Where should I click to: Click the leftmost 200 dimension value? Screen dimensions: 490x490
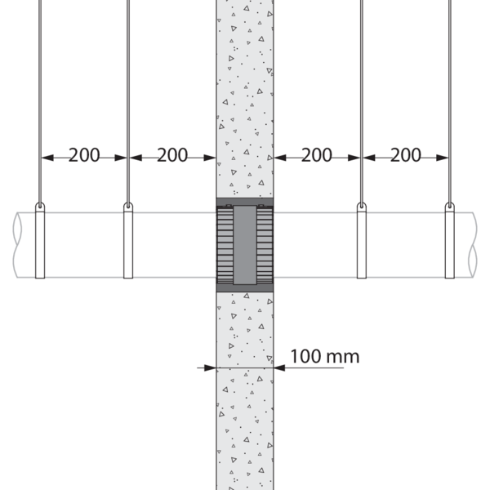coord(84,155)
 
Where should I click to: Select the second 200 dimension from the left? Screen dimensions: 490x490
coord(172,155)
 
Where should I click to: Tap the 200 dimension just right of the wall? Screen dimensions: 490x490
coord(317,155)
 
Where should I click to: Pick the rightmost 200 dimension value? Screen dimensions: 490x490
coord(406,155)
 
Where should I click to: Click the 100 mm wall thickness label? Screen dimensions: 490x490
coord(325,356)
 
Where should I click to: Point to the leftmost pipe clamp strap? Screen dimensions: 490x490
coord(40,241)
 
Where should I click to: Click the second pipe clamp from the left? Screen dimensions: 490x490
coord(128,241)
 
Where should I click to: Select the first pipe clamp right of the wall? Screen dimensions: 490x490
coord(362,241)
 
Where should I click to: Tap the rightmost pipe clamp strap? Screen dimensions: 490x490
coord(450,241)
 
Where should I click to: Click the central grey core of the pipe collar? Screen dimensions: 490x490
coord(245,245)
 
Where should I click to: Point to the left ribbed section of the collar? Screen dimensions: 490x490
coord(225,245)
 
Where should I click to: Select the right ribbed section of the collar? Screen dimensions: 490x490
coord(265,245)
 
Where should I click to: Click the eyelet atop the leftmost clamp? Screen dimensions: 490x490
coord(40,206)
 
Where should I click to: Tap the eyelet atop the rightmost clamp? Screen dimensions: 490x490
coord(450,206)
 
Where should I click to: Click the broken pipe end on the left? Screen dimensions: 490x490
coord(17,245)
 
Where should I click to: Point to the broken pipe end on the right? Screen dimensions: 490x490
coord(473,245)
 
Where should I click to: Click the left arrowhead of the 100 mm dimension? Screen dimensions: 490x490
coord(210,367)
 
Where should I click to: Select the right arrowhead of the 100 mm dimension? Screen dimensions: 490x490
coord(279,367)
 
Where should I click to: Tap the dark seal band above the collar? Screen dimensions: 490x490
coord(245,202)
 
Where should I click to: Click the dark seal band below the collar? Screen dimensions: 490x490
coord(245,288)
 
